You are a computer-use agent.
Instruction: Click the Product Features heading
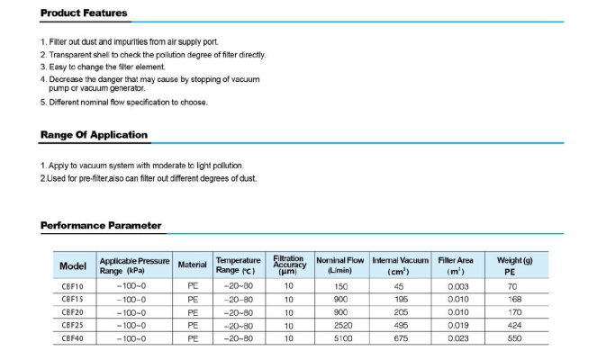tap(84, 13)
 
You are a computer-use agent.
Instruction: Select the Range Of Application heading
tap(94, 135)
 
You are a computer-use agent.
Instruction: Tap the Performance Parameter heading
tap(101, 225)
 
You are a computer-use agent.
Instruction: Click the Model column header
tap(72, 265)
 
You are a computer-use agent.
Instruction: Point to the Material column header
tap(192, 265)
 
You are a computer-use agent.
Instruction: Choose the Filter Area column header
tap(456, 265)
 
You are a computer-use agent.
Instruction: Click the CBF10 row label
tap(72, 286)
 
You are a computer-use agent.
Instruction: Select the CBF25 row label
tap(72, 326)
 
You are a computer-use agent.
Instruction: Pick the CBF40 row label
tap(72, 339)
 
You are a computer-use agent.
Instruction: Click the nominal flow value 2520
tap(340, 326)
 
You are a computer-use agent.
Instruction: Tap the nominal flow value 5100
tap(340, 339)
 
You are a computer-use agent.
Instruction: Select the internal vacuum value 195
tap(398, 300)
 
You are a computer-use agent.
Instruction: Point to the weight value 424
tap(514, 326)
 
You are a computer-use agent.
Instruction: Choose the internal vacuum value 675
tap(398, 339)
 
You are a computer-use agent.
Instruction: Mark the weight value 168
tap(514, 300)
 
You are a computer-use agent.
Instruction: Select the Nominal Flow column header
tap(340, 265)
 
